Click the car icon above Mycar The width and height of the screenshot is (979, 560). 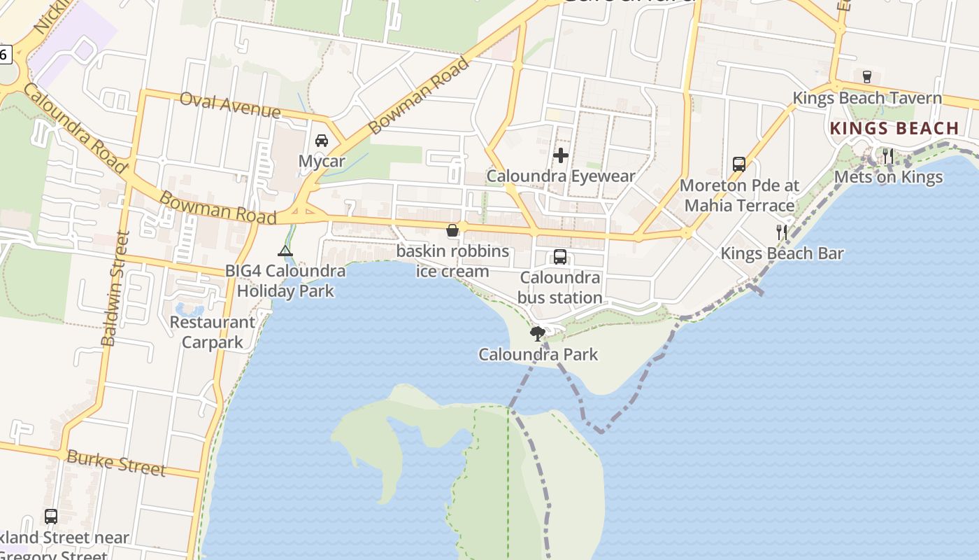(322, 141)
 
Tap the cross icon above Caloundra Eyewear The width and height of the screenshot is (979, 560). (561, 155)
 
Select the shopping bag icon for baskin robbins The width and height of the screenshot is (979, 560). (452, 230)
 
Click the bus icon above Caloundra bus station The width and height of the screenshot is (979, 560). (560, 257)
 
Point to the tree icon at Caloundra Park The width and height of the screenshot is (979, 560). (537, 333)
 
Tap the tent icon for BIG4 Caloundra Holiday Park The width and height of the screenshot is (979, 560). (285, 251)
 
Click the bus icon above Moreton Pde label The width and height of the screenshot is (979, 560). (739, 164)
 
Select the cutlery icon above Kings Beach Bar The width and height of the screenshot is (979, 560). (782, 232)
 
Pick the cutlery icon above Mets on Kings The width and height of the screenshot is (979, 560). (888, 155)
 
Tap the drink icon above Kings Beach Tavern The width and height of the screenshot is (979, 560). (867, 76)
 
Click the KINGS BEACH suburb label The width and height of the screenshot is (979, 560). (894, 128)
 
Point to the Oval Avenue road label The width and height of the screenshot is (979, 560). (230, 104)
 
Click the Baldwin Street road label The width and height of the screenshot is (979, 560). (117, 288)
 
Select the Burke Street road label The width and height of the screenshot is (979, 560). (116, 463)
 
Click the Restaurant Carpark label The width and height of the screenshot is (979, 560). (213, 332)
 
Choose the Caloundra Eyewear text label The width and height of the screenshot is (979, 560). (561, 176)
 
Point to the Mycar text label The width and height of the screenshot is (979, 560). (322, 162)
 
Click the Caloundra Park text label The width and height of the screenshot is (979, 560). (538, 354)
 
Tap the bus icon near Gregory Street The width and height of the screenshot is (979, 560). (51, 517)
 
